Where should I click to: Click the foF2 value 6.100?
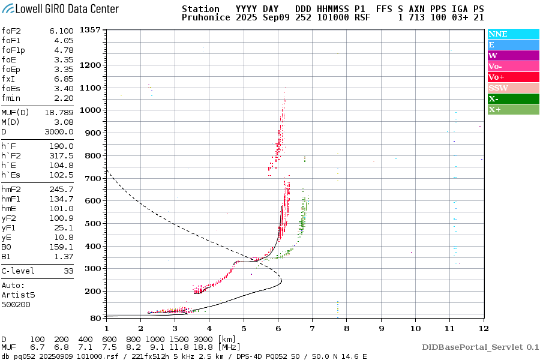[62, 31]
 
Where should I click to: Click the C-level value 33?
[67, 271]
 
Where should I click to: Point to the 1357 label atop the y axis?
[90, 30]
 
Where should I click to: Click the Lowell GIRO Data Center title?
[60, 9]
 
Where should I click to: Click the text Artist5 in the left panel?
[18, 295]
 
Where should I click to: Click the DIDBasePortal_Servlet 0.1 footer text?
[480, 347]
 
